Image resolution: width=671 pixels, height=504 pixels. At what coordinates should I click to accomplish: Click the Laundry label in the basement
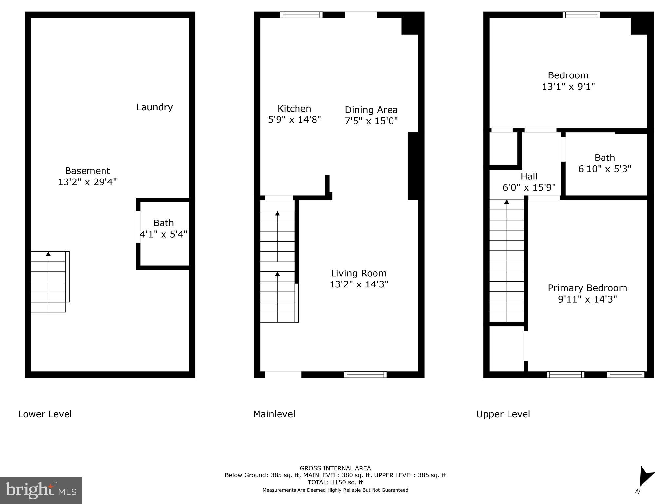(154, 107)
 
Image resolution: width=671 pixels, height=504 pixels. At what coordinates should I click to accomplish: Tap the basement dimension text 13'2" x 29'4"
(87, 182)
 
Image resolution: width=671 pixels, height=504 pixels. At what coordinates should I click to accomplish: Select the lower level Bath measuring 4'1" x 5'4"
(163, 229)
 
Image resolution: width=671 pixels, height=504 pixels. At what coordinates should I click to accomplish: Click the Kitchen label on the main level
(294, 109)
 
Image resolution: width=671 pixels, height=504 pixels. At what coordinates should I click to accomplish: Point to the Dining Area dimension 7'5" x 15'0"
(371, 121)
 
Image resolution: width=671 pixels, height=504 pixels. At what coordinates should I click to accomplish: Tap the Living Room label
(358, 273)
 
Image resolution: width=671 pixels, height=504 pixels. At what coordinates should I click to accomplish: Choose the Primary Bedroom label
(587, 288)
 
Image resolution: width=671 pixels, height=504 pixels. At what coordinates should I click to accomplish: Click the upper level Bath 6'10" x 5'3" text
(604, 169)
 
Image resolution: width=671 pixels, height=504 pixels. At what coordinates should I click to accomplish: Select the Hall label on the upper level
(529, 177)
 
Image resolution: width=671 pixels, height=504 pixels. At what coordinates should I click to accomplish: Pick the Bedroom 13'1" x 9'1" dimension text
(568, 87)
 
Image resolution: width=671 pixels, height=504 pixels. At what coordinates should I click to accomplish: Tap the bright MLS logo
(41, 490)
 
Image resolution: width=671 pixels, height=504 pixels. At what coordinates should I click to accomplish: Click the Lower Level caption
(45, 414)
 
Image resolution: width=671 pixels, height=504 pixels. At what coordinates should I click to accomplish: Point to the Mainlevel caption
(274, 414)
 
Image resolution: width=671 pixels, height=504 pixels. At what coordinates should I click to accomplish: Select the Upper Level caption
(503, 414)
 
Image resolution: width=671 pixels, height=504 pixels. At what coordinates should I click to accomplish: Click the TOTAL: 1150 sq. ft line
(335, 482)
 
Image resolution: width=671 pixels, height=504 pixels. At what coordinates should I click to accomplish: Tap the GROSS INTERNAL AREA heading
(335, 468)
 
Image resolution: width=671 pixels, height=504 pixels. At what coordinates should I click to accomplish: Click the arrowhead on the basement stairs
(48, 253)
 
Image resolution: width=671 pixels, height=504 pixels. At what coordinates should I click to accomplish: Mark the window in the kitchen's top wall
(301, 15)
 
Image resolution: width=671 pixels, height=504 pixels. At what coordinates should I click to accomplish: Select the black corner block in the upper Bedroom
(639, 26)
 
